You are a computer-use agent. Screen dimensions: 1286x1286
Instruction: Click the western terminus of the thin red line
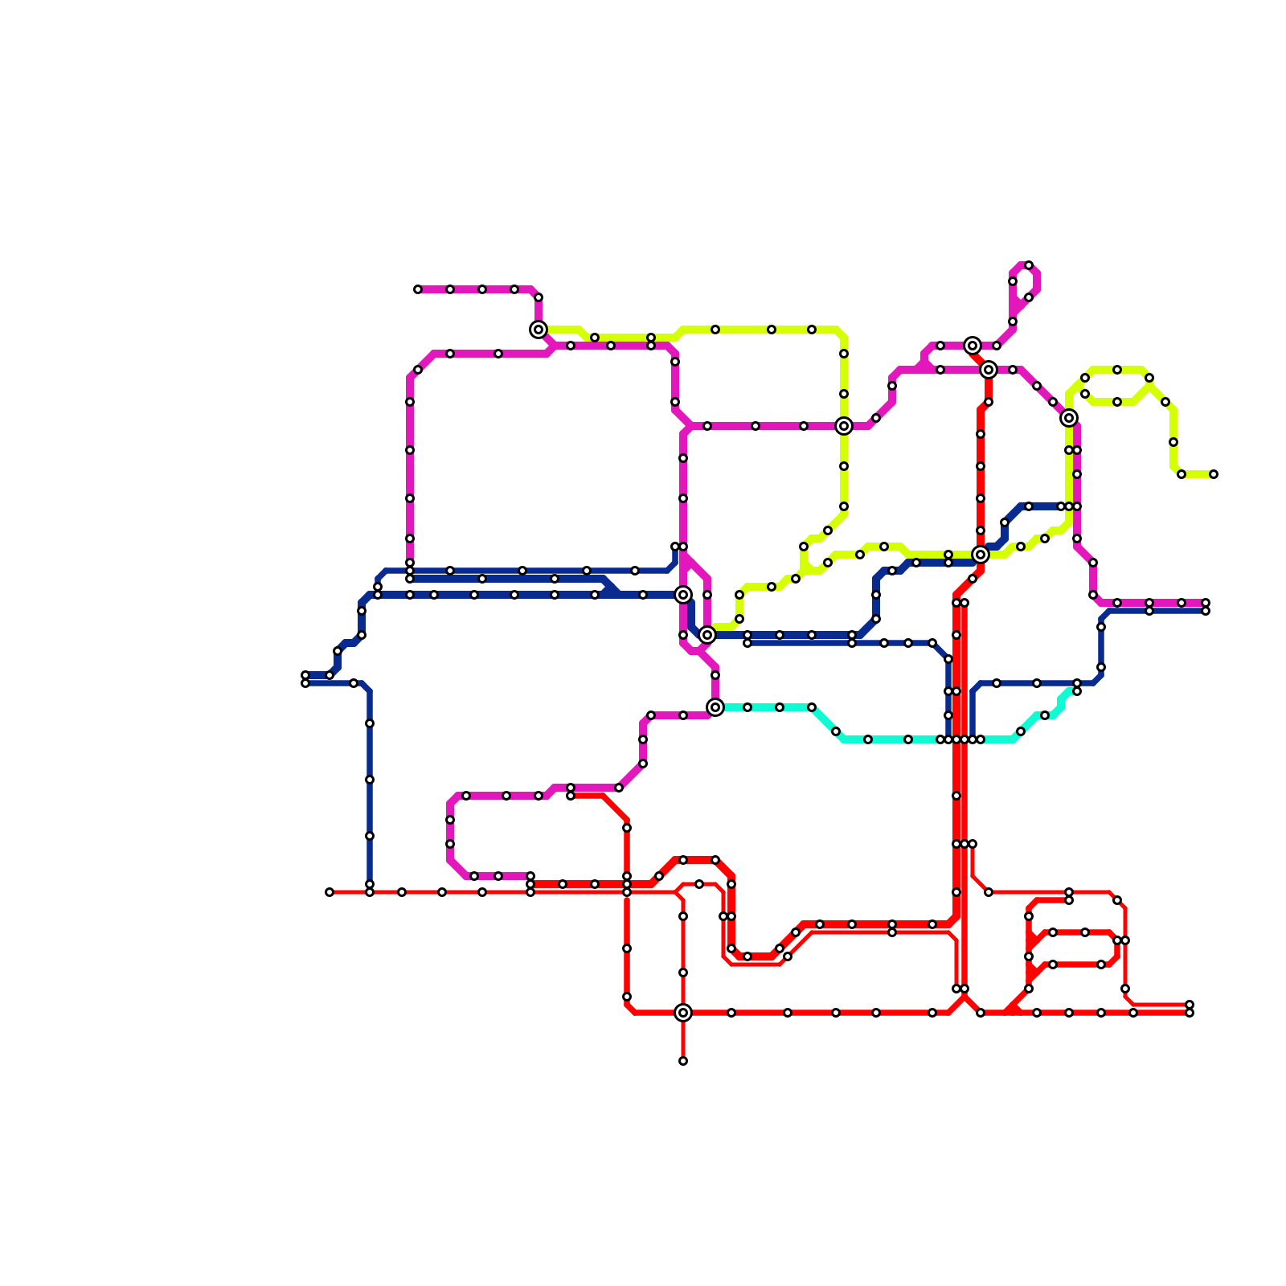[x=330, y=892]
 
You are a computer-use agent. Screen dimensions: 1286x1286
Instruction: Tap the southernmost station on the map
[x=683, y=1061]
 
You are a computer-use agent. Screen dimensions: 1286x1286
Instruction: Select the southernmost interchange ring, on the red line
[x=683, y=1013]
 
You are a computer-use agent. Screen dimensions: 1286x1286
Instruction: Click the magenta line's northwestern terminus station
[x=418, y=289]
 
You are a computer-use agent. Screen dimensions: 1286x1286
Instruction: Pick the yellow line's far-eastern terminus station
[x=1214, y=474]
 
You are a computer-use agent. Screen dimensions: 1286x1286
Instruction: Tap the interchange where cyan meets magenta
[x=715, y=707]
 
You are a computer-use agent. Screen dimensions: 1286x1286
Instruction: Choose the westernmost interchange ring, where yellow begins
[x=539, y=330]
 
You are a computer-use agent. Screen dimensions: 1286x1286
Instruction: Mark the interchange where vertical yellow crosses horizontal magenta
[x=844, y=426]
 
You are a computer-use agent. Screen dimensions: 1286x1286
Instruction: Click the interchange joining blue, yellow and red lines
[x=981, y=555]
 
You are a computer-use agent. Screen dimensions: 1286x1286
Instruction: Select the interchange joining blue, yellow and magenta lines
[x=707, y=635]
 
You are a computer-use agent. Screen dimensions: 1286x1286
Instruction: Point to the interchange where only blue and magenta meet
[x=683, y=595]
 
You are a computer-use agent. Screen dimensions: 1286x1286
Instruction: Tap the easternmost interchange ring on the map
[x=1069, y=418]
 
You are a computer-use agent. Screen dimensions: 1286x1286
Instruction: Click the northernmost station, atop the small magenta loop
[x=1029, y=265]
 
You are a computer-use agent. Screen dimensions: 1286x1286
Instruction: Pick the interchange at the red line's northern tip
[x=973, y=346]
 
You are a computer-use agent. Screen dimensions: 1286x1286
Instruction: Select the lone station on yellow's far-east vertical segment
[x=1173, y=442]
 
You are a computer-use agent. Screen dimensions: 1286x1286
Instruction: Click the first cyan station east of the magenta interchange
[x=747, y=707]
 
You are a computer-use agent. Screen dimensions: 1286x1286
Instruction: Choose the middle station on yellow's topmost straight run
[x=772, y=330]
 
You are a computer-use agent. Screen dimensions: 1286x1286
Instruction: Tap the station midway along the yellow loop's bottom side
[x=1117, y=402]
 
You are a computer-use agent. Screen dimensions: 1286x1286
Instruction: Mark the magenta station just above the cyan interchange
[x=715, y=675]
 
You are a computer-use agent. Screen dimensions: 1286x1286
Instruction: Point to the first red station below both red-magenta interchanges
[x=989, y=402]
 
